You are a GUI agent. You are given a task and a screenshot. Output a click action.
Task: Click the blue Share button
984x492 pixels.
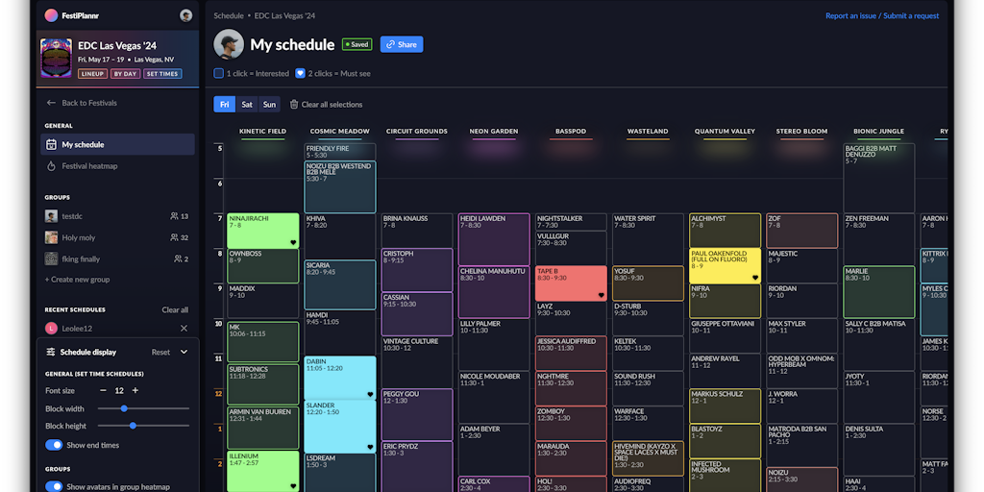tap(402, 44)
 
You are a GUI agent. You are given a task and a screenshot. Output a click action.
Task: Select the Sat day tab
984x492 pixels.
tap(247, 105)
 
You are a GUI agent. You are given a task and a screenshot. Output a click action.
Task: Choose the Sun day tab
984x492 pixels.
tap(269, 105)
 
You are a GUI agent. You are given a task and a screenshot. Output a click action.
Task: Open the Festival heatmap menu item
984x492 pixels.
tap(89, 166)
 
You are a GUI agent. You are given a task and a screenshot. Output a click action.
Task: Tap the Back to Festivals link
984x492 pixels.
tap(88, 103)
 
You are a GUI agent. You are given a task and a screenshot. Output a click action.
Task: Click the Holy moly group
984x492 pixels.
tap(79, 237)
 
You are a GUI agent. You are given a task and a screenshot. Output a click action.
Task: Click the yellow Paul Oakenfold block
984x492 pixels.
tap(725, 265)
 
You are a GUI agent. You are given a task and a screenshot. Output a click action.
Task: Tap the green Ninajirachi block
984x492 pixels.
tap(262, 231)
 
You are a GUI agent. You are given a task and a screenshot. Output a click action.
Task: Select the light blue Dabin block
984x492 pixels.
tap(339, 377)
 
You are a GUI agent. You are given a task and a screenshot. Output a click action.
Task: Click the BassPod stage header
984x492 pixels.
tap(571, 131)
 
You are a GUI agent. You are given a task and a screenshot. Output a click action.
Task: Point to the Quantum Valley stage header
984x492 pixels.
tap(725, 131)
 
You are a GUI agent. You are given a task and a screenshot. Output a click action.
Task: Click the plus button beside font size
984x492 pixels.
tap(135, 390)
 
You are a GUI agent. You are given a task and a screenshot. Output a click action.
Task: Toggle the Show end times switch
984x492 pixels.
tap(54, 445)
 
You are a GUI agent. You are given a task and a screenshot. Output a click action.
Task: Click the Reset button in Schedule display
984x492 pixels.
tap(160, 352)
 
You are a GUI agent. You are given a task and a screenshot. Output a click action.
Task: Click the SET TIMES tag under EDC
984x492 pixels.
tap(162, 74)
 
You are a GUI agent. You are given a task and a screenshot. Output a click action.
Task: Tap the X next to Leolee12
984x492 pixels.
tap(184, 329)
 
